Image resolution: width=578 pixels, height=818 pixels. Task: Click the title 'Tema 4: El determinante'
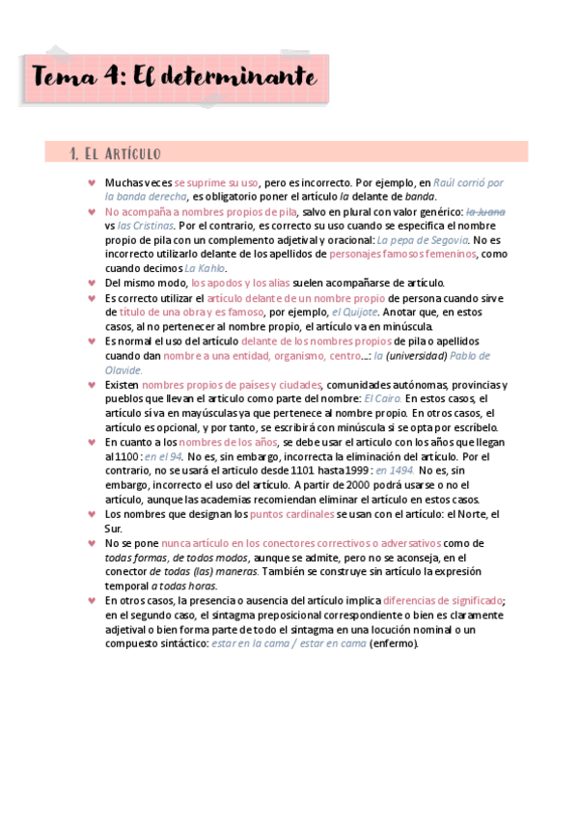tap(174, 74)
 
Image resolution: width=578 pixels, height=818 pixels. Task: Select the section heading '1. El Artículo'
tap(115, 153)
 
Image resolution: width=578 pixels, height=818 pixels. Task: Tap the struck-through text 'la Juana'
tap(486, 211)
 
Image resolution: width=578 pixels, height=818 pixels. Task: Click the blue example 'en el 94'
tap(164, 456)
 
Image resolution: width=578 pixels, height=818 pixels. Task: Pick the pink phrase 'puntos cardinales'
tap(291, 514)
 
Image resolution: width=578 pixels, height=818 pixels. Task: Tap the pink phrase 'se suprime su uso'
tap(217, 182)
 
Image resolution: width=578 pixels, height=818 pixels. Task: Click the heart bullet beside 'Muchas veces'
tap(92, 182)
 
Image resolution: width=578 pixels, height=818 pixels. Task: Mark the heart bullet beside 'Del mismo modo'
tap(92, 283)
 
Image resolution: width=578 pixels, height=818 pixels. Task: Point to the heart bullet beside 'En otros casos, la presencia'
tap(92, 600)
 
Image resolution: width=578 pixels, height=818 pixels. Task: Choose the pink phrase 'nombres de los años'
tap(240, 442)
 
